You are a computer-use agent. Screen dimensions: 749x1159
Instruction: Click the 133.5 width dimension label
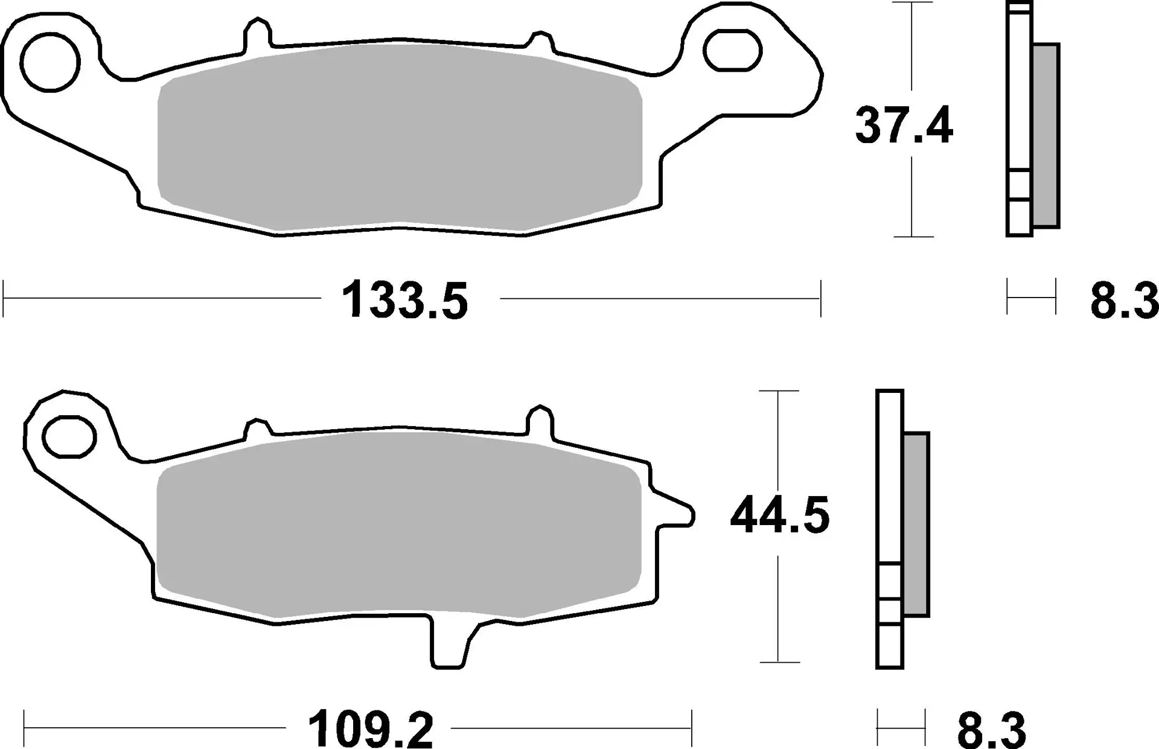click(x=404, y=301)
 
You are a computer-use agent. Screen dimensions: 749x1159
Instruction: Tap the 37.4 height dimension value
click(x=904, y=126)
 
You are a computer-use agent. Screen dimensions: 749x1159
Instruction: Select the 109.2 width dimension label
click(x=370, y=730)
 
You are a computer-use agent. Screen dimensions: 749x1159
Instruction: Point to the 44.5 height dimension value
click(x=779, y=515)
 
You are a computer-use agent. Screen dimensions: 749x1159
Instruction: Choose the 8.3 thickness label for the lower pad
click(x=992, y=730)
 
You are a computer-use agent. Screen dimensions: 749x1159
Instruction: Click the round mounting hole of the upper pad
click(x=50, y=62)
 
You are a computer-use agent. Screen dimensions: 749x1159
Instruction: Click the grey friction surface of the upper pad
click(x=398, y=139)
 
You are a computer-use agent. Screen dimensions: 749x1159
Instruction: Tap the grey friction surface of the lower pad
click(x=398, y=525)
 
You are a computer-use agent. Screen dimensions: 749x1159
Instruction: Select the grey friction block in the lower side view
click(x=916, y=524)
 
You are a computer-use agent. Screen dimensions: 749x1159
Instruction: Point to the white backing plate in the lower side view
click(x=889, y=477)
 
